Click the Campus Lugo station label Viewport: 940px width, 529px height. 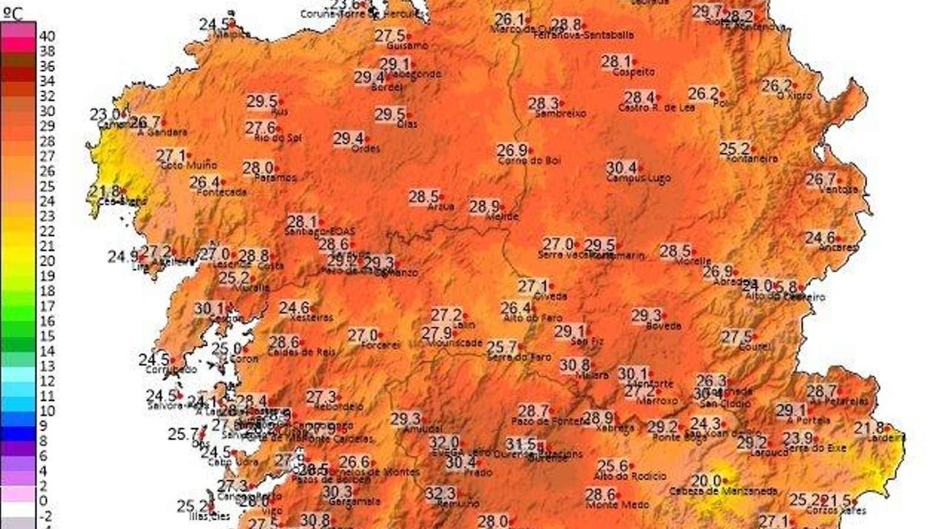pyautogui.click(x=638, y=178)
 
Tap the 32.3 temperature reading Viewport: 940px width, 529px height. pyautogui.click(x=440, y=493)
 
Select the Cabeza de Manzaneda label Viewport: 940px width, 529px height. pyautogui.click(x=723, y=491)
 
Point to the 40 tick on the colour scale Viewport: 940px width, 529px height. pyautogui.click(x=47, y=36)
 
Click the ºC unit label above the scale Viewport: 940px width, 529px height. pyautogui.click(x=13, y=13)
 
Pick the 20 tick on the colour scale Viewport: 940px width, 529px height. pyautogui.click(x=47, y=261)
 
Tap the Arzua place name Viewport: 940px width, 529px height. pyautogui.click(x=440, y=206)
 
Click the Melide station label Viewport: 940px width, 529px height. pyautogui.click(x=502, y=216)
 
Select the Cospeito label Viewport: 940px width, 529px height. pyautogui.click(x=633, y=72)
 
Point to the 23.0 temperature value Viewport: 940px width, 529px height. pyautogui.click(x=106, y=115)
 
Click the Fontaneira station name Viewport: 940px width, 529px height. pyautogui.click(x=752, y=159)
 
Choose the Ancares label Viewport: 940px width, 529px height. pyautogui.click(x=838, y=247)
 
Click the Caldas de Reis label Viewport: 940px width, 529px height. pyautogui.click(x=301, y=352)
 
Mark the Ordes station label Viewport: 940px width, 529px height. pyautogui.click(x=365, y=149)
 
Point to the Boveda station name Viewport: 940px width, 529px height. pyautogui.click(x=663, y=326)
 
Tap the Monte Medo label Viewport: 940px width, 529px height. pyautogui.click(x=617, y=505)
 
